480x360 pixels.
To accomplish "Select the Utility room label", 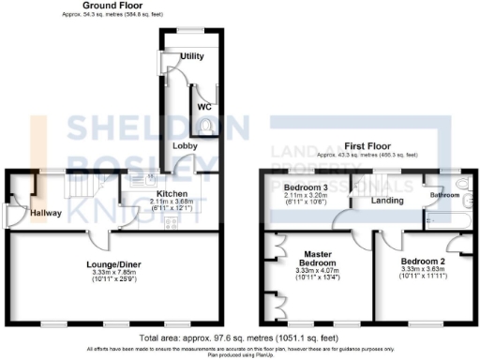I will click(192, 57).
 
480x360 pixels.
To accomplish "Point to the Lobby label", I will click(183, 146).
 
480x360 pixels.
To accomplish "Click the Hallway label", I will click(45, 213).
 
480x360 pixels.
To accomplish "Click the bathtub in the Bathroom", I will click(448, 222).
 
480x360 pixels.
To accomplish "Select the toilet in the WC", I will click(206, 91).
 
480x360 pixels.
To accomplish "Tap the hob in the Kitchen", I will click(171, 222).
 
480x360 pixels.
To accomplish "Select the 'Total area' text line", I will click(238, 337).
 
